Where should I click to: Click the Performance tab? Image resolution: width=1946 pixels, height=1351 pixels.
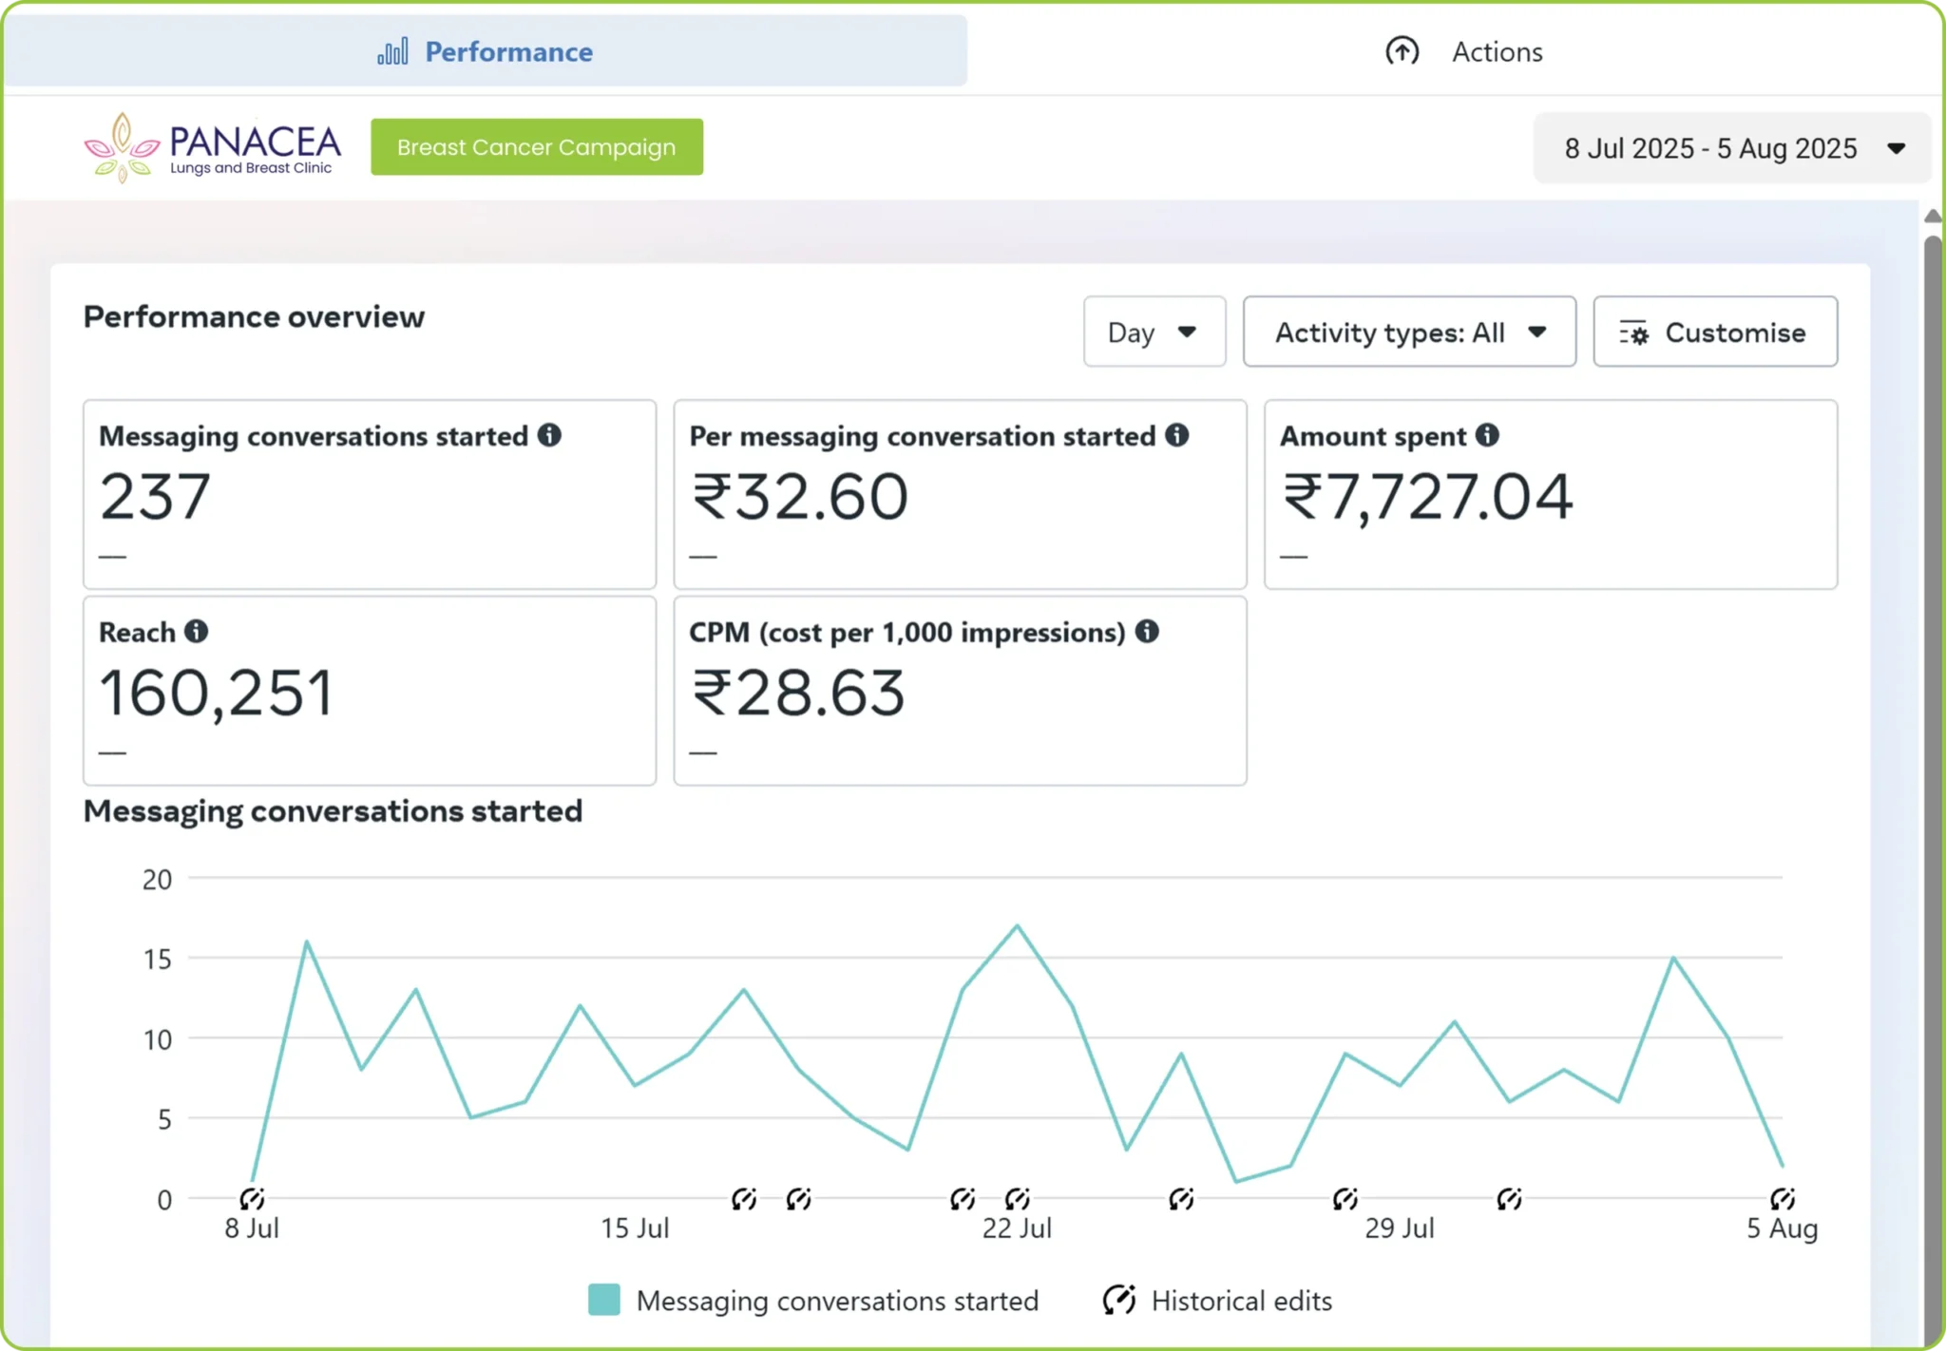pyautogui.click(x=486, y=51)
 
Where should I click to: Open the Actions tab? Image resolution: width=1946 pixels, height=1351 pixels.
pyautogui.click(x=1463, y=51)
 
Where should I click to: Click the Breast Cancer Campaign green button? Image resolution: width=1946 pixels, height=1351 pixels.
pyautogui.click(x=537, y=147)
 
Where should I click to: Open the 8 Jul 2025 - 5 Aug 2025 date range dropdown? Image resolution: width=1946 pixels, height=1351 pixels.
pyautogui.click(x=1732, y=148)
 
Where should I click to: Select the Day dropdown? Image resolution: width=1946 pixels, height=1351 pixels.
pyautogui.click(x=1154, y=332)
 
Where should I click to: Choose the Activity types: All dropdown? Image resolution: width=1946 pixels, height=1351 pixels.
pyautogui.click(x=1409, y=332)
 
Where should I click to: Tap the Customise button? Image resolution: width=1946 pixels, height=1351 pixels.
pyautogui.click(x=1715, y=332)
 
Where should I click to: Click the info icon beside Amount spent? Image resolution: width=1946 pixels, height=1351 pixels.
pyautogui.click(x=1487, y=435)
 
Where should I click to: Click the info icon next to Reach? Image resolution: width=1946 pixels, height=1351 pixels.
pyautogui.click(x=196, y=632)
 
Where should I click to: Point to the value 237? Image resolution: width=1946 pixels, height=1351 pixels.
pyautogui.click(x=155, y=497)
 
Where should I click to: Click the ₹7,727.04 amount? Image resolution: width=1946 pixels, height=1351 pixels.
pyautogui.click(x=1427, y=497)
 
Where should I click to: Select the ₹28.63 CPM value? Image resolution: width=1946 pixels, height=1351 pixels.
pyautogui.click(x=798, y=693)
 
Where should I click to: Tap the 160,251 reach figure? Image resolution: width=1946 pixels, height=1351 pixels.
pyautogui.click(x=217, y=693)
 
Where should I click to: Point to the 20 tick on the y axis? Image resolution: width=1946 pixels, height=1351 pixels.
pyautogui.click(x=158, y=880)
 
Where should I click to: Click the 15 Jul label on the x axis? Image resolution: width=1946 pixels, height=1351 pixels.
pyautogui.click(x=635, y=1228)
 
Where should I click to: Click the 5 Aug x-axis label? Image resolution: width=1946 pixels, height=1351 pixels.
pyautogui.click(x=1782, y=1228)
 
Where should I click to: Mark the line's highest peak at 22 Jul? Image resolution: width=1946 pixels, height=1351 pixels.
pyautogui.click(x=1017, y=925)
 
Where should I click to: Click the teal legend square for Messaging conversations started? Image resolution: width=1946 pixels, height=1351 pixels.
pyautogui.click(x=604, y=1300)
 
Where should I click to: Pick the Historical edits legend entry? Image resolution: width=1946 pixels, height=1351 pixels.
pyautogui.click(x=1217, y=1300)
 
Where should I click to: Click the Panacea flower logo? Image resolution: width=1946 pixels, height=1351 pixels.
pyautogui.click(x=122, y=147)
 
